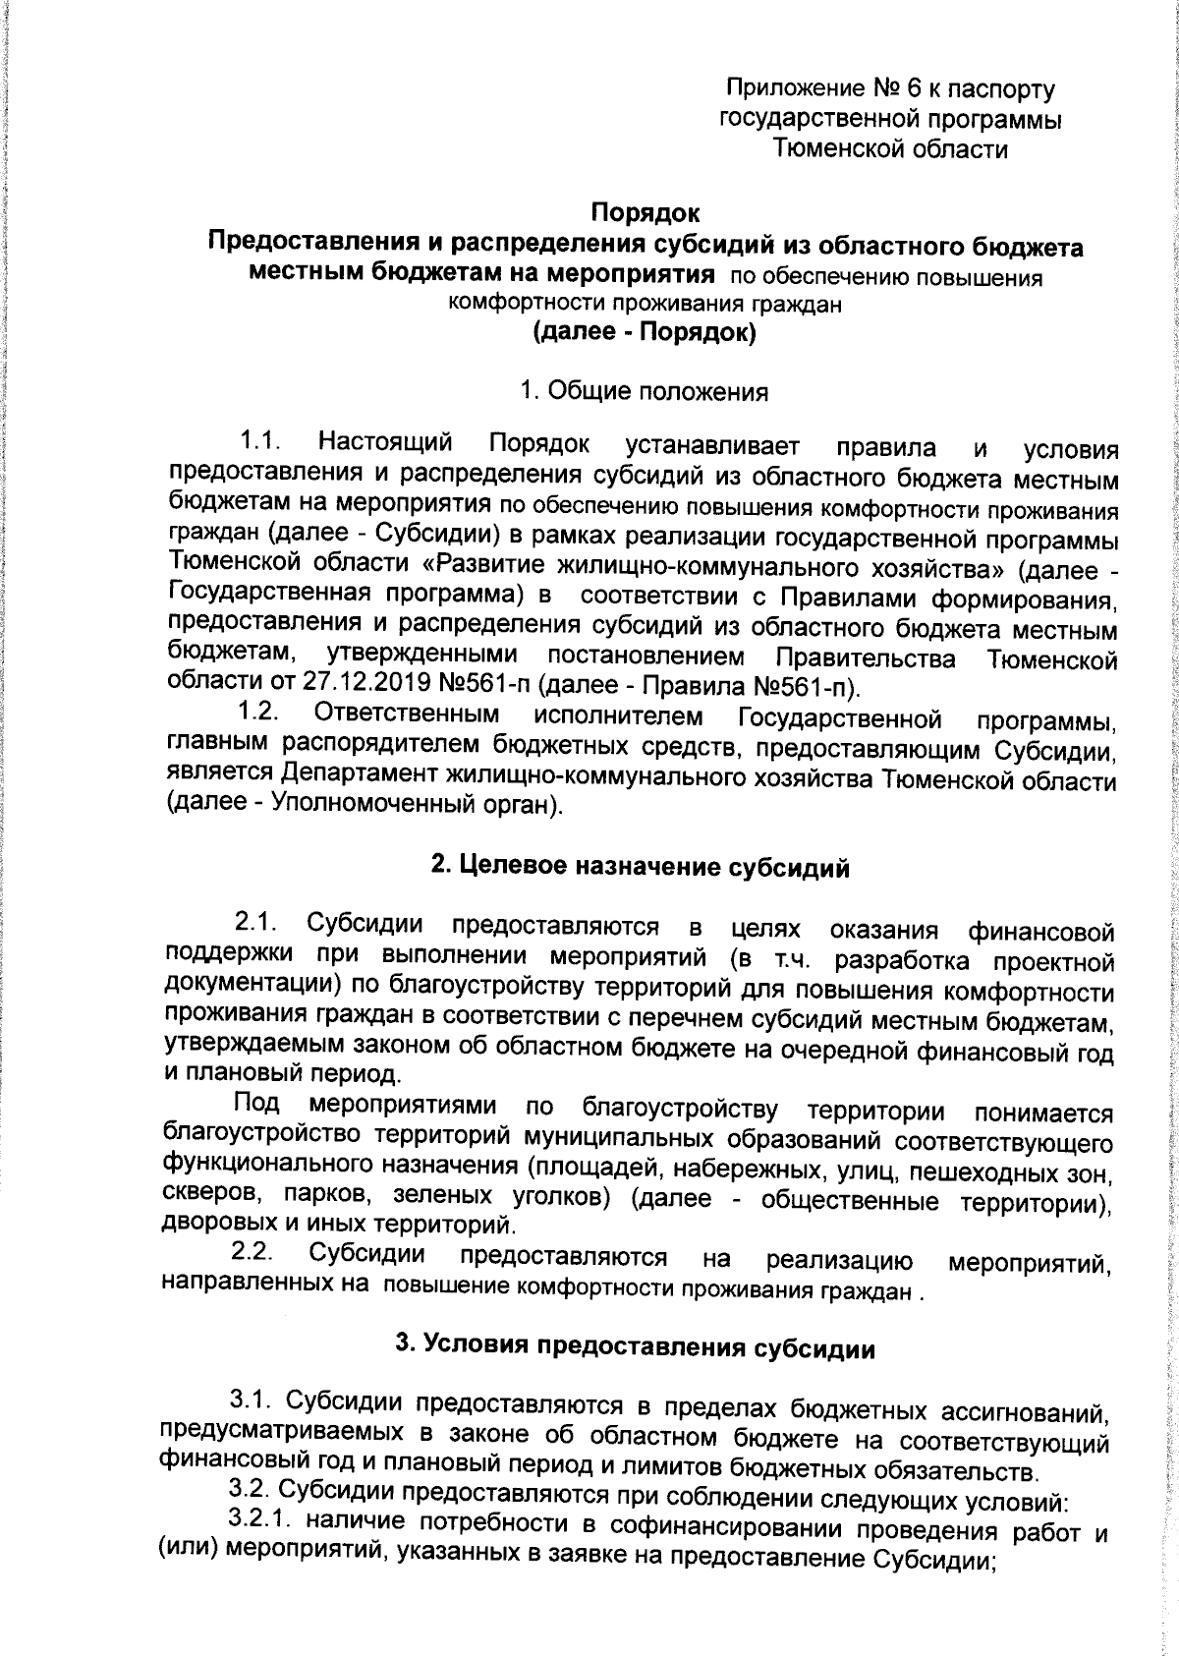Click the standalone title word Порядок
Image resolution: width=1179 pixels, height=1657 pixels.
coord(645,211)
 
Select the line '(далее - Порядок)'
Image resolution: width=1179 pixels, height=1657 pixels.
coord(645,333)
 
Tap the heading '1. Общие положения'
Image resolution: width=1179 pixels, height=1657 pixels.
coord(645,391)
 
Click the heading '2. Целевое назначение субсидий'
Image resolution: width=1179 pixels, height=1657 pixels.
coord(641,868)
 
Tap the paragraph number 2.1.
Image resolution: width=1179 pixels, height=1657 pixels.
coord(254,924)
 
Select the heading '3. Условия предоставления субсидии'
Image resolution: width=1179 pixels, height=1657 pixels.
coord(635,1346)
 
